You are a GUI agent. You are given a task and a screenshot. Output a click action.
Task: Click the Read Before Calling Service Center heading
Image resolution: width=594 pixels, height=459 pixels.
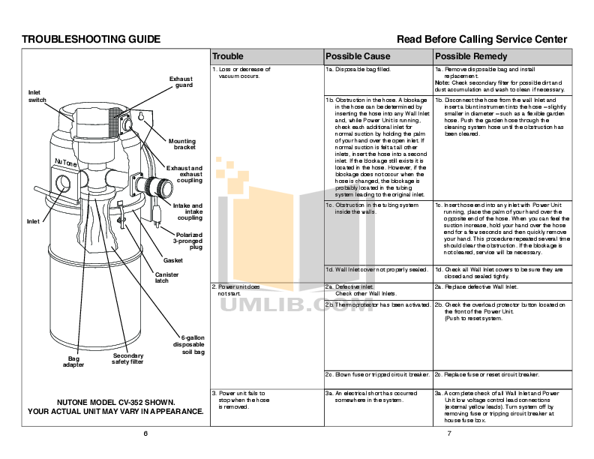(481, 39)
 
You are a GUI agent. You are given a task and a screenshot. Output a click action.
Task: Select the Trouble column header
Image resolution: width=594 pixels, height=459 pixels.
(228, 56)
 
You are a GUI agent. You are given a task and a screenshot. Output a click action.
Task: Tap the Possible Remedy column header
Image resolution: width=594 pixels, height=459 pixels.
(471, 56)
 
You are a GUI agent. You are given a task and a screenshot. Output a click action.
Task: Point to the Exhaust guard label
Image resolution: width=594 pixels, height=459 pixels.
(181, 82)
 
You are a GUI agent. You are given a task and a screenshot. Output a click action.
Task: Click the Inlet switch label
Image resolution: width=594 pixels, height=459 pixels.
(37, 96)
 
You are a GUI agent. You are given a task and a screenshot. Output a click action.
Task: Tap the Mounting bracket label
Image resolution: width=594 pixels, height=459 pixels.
(182, 144)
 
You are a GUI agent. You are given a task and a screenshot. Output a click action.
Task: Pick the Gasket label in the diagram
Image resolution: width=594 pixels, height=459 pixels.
(172, 260)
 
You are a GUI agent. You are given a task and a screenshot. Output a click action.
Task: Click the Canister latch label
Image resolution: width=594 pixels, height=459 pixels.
(166, 277)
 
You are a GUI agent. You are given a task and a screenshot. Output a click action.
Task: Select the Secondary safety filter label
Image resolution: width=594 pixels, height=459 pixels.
(127, 358)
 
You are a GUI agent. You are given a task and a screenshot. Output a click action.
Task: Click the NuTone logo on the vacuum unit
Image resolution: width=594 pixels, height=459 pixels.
(66, 163)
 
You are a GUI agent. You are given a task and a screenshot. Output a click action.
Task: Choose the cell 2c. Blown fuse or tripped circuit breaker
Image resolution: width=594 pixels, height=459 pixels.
(376, 374)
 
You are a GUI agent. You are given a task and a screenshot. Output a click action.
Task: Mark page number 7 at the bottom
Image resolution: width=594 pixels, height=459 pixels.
(448, 434)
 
